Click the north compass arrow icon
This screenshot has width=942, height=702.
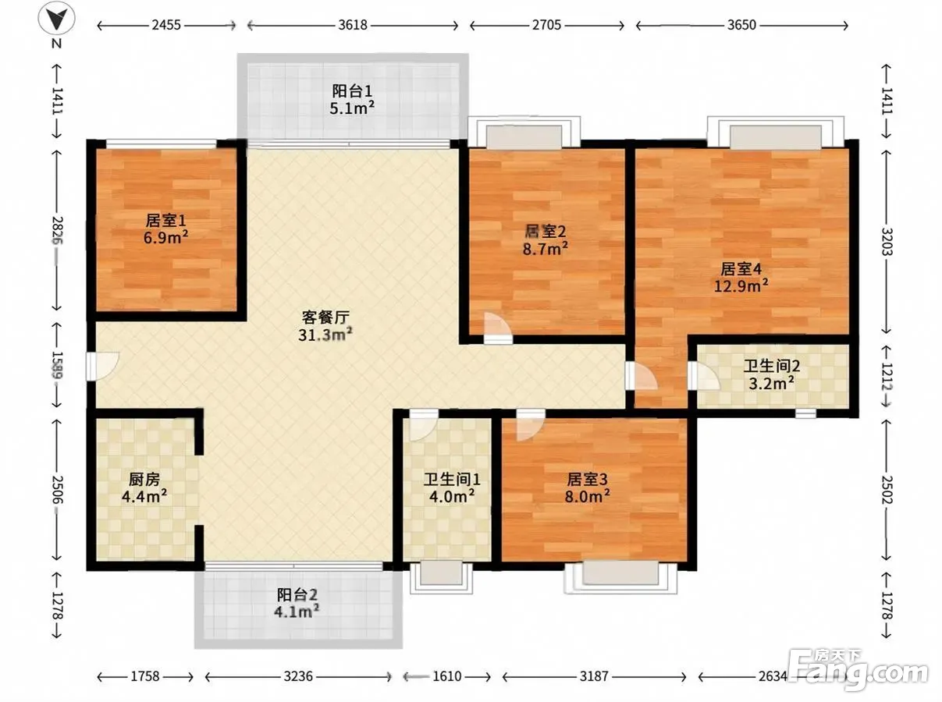[x=57, y=18]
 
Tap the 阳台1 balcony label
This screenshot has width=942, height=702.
[x=352, y=91]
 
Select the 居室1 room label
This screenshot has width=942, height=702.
[x=165, y=221]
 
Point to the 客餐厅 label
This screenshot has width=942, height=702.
[x=325, y=317]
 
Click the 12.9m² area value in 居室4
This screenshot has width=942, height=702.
[x=741, y=285]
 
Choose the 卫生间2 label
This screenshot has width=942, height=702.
[x=772, y=366]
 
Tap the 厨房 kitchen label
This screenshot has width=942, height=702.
[x=144, y=480]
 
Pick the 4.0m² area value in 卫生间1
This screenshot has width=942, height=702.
[x=452, y=496]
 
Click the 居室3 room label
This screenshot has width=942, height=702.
[x=587, y=479]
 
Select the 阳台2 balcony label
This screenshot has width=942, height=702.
[x=297, y=594]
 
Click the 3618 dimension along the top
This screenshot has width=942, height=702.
[x=352, y=25]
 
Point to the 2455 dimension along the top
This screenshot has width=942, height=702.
[x=166, y=25]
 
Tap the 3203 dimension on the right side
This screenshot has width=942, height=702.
[x=887, y=242]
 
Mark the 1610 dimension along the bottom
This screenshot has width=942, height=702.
[x=446, y=677]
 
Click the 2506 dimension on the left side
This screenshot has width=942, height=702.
[x=58, y=489]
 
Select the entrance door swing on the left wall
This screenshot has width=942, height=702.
[x=102, y=366]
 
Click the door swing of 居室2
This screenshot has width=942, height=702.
[x=498, y=328]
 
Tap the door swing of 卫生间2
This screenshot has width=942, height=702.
[x=704, y=376]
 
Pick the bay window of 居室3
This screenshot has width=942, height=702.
[x=620, y=577]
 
